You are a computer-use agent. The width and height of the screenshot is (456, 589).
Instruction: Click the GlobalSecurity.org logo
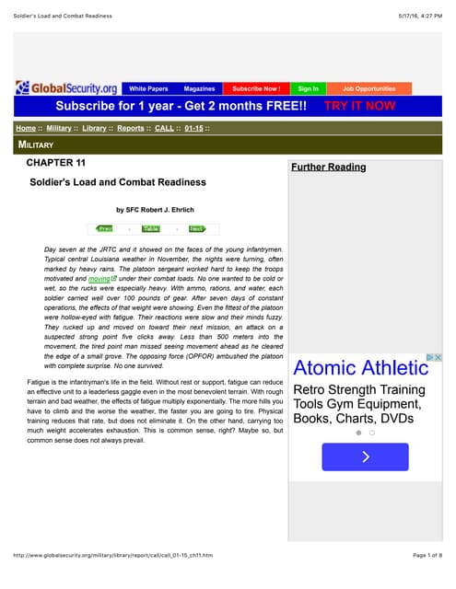tap(67, 88)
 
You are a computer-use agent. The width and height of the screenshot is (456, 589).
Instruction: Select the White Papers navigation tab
tap(148, 89)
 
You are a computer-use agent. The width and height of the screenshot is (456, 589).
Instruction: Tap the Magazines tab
tap(199, 89)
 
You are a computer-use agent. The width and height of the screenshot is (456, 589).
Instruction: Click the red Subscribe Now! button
tap(256, 89)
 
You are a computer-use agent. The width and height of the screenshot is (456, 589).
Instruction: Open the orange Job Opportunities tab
tap(368, 89)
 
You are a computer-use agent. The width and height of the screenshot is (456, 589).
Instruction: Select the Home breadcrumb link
tap(26, 128)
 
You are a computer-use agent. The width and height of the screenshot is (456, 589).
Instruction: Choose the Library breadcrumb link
tap(93, 128)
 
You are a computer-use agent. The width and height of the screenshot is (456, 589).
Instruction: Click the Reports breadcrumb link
tap(130, 128)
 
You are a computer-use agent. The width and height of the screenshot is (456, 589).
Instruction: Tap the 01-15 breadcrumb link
tap(193, 128)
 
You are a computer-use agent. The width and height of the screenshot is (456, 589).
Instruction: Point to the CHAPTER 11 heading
tap(56, 163)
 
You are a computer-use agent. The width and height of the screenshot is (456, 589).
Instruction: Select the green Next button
tap(197, 228)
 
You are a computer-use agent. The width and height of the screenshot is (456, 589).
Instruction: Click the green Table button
tap(150, 228)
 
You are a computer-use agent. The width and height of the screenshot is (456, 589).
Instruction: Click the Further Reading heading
tap(328, 167)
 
